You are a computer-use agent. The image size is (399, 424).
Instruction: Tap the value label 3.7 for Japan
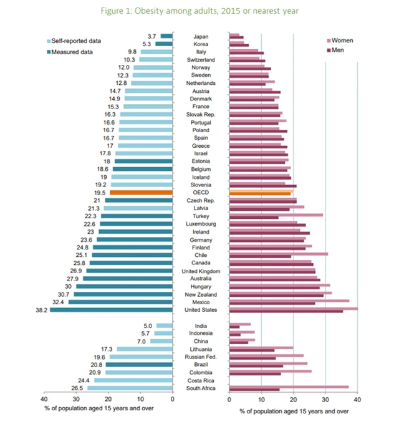pyautogui.click(x=151, y=36)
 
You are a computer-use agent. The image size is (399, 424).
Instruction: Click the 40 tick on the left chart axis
pyautogui.click(x=44, y=399)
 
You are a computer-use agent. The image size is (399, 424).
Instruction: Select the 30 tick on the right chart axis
pyautogui.click(x=325, y=399)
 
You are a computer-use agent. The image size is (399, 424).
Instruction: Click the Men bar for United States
pyautogui.click(x=286, y=312)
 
